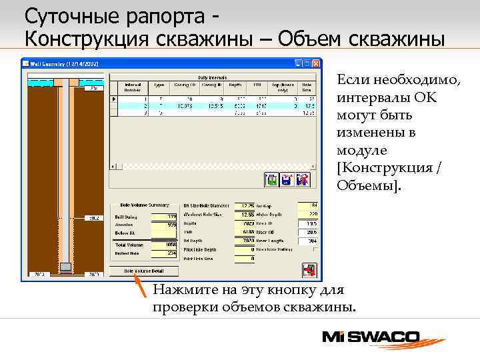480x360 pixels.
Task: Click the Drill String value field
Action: click(x=164, y=216)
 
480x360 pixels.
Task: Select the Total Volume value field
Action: click(x=164, y=245)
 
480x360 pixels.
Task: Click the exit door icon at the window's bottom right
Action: click(x=308, y=269)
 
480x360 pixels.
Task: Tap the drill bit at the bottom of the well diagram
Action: click(x=65, y=267)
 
